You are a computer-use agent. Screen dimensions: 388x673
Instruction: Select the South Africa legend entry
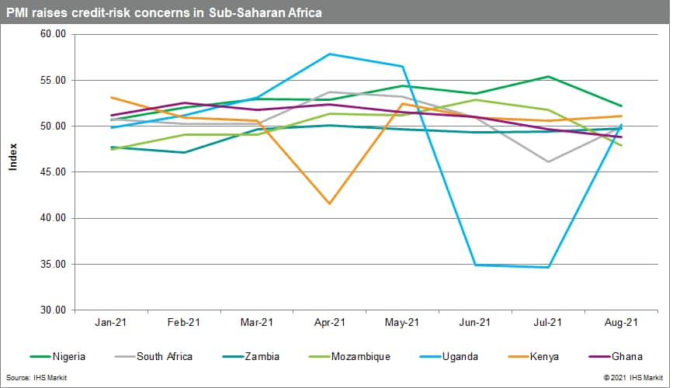[x=163, y=357]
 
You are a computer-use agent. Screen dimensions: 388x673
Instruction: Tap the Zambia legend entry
[x=260, y=357]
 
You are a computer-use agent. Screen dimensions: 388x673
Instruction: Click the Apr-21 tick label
[x=329, y=322]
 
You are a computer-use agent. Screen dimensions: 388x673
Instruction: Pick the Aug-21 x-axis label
[x=621, y=322]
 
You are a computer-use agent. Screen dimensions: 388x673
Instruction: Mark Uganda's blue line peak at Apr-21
[x=329, y=54]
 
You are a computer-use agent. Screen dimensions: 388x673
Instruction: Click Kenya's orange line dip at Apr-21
[x=329, y=204]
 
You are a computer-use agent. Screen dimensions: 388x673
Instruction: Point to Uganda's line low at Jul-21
[x=548, y=268]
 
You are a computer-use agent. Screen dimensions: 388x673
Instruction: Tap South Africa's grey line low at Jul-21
[x=548, y=162]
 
